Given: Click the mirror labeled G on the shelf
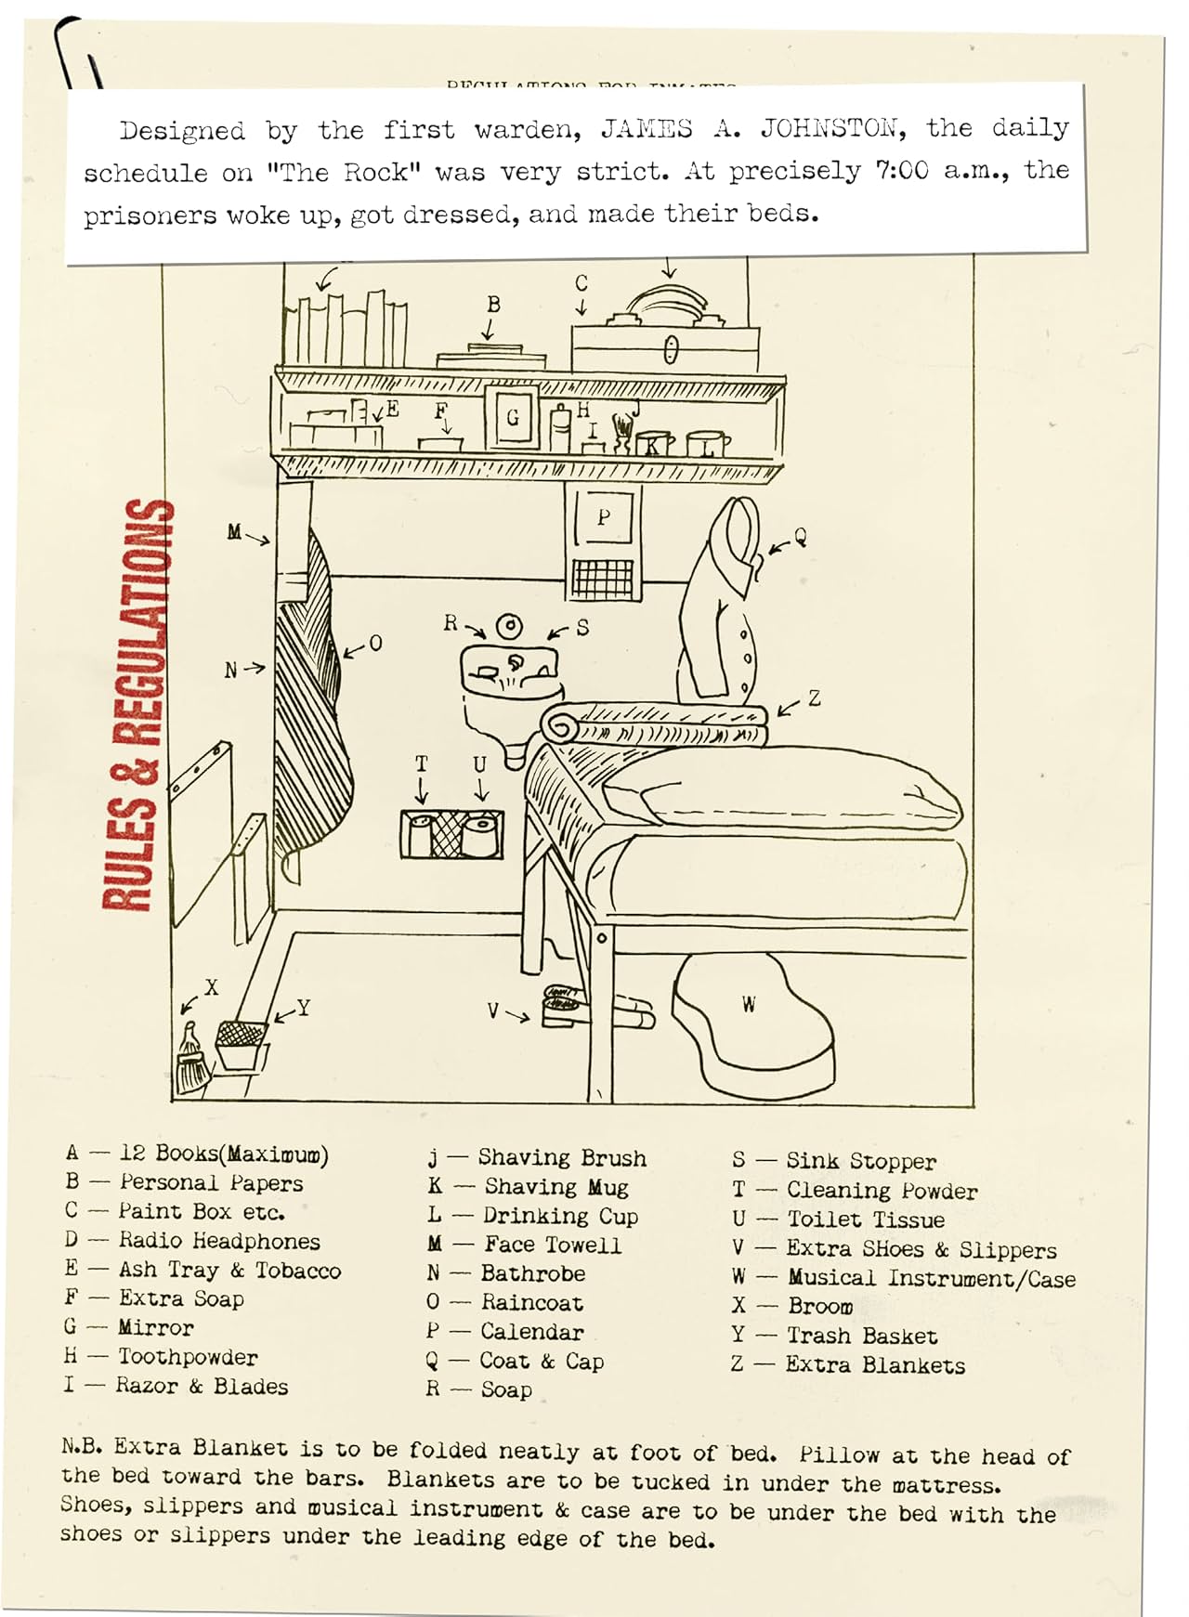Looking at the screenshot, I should coord(513,418).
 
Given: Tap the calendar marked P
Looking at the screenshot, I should coord(604,518).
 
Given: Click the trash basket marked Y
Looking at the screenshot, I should coord(241,1046).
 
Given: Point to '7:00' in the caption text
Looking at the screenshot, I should coord(901,171).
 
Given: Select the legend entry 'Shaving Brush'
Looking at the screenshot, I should coord(561,1158).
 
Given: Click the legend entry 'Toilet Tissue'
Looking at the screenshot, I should coord(865,1219).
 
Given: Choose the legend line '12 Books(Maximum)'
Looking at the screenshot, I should coord(223,1154).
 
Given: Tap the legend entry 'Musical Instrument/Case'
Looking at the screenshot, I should coord(931,1279).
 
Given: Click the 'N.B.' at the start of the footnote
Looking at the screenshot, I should coord(82,1446).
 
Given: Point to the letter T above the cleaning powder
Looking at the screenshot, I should coord(422,764).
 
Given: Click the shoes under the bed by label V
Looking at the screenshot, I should coord(565,1006).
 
